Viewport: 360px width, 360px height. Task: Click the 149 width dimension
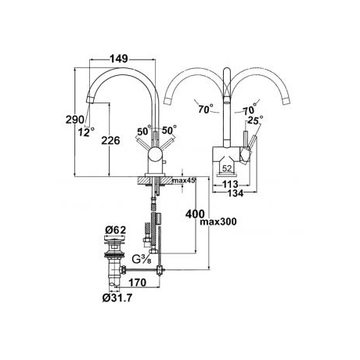(x=119, y=59)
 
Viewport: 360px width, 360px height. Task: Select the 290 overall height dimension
(x=75, y=120)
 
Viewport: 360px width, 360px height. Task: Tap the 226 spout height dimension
(x=110, y=141)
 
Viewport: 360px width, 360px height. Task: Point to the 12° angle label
(x=86, y=131)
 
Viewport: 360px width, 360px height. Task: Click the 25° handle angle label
(x=255, y=120)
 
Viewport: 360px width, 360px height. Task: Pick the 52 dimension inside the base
(x=227, y=168)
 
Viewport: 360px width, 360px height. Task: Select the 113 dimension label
(x=230, y=184)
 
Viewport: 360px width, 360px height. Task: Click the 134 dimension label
(x=236, y=193)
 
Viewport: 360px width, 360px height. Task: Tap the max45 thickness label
(x=184, y=180)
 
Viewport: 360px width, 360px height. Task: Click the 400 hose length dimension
(x=195, y=214)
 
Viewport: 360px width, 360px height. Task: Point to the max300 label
(x=218, y=222)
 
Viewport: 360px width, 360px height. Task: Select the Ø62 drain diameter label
(x=116, y=230)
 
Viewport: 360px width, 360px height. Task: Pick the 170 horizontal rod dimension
(x=138, y=283)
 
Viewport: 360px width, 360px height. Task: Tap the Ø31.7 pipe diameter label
(x=117, y=297)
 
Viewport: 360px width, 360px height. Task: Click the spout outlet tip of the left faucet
(x=89, y=99)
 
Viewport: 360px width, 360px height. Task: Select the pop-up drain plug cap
(x=115, y=237)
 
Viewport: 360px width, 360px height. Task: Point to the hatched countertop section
(x=155, y=180)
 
